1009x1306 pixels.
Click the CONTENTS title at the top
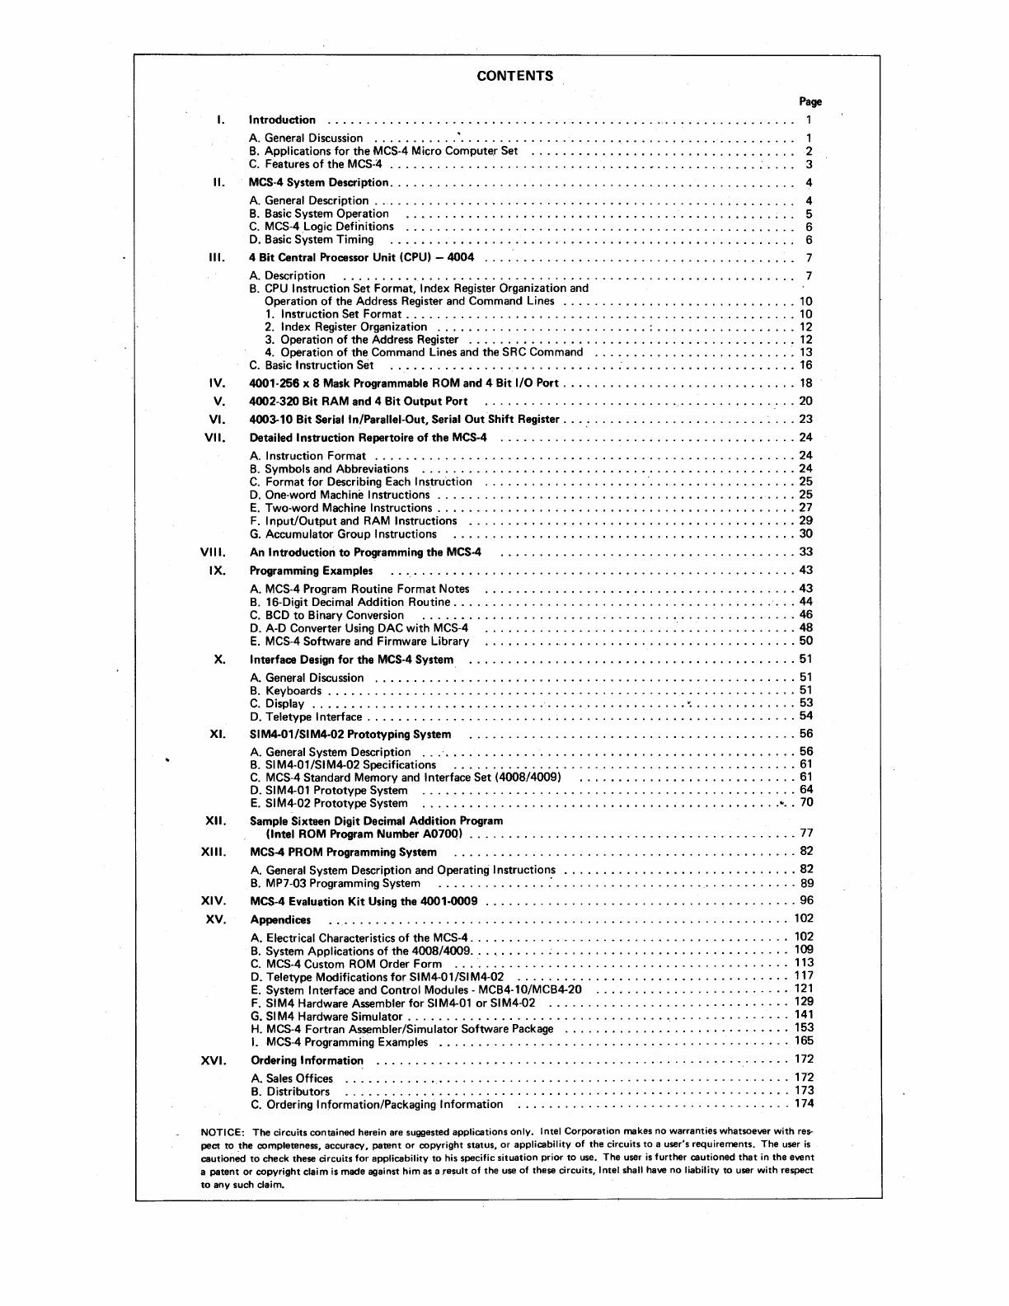515,77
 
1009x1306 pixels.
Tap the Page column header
810,102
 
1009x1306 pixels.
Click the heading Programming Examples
311,571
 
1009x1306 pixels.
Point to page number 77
806,834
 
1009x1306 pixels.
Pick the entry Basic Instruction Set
312,365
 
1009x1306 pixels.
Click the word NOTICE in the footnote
222,1130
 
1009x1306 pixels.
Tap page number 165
804,1041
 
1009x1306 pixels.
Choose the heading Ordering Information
307,1060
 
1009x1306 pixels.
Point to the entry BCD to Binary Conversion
326,615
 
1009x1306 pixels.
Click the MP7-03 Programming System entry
336,883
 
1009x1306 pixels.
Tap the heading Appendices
280,920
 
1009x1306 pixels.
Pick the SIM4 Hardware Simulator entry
326,1017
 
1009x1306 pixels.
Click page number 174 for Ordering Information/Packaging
804,1103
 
